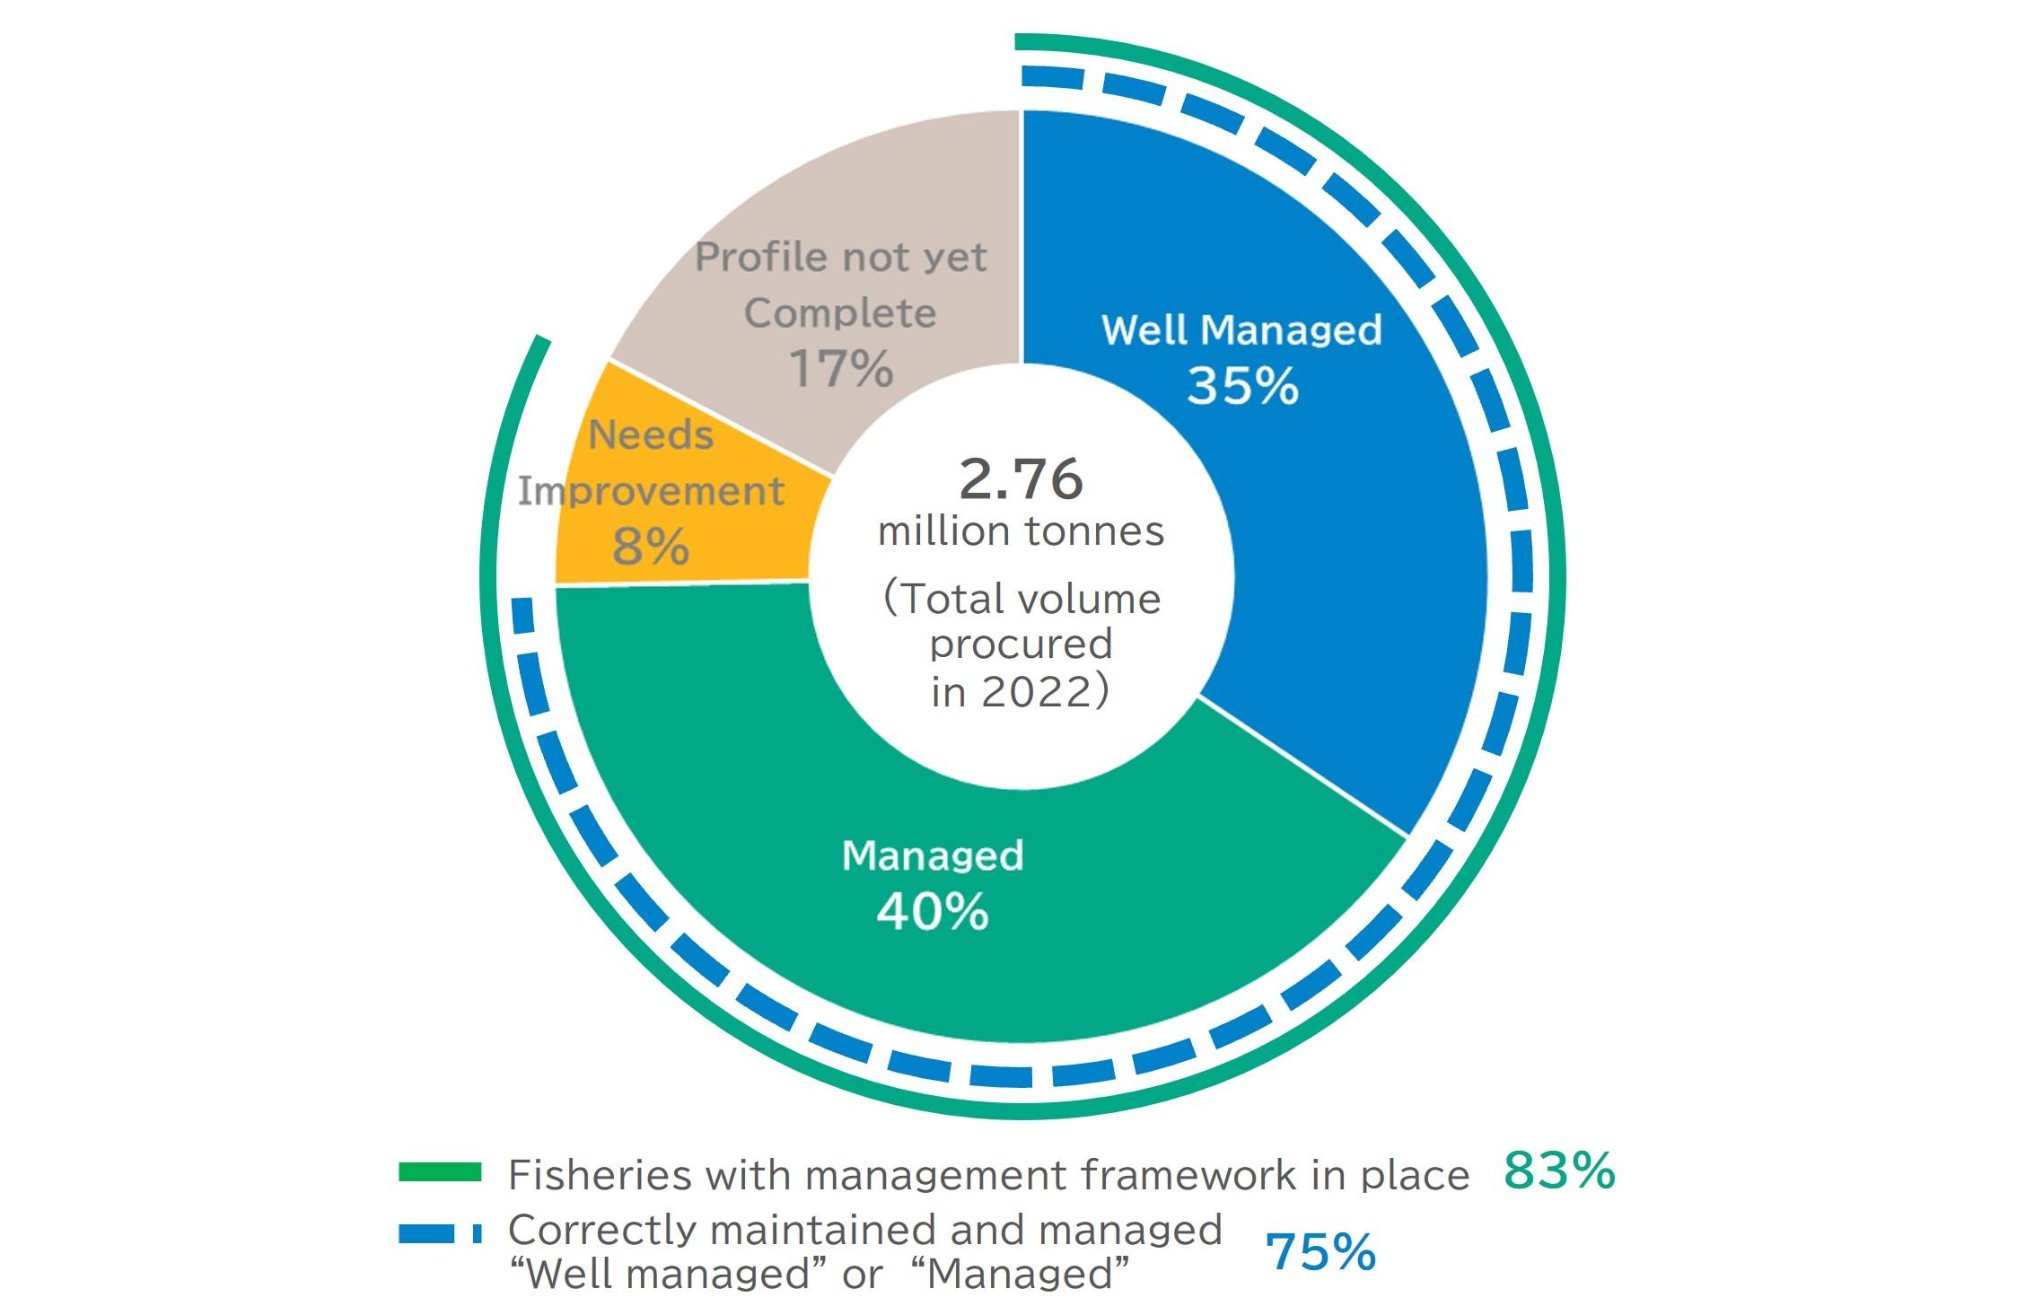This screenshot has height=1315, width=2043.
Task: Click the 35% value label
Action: click(x=1242, y=387)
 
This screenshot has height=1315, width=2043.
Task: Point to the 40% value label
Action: click(x=933, y=913)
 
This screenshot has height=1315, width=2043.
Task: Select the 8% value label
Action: click(x=651, y=546)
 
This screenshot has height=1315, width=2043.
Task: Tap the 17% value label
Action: click(x=841, y=369)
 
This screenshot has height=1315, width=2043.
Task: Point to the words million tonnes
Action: click(x=1021, y=531)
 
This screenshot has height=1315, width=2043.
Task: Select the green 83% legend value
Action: click(x=1560, y=1170)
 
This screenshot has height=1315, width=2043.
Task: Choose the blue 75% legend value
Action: click(x=1320, y=1252)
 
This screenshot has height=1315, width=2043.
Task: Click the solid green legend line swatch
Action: click(x=440, y=1172)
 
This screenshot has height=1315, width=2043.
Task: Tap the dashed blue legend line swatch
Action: click(x=440, y=1234)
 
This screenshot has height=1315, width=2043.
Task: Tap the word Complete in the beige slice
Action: click(x=841, y=313)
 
